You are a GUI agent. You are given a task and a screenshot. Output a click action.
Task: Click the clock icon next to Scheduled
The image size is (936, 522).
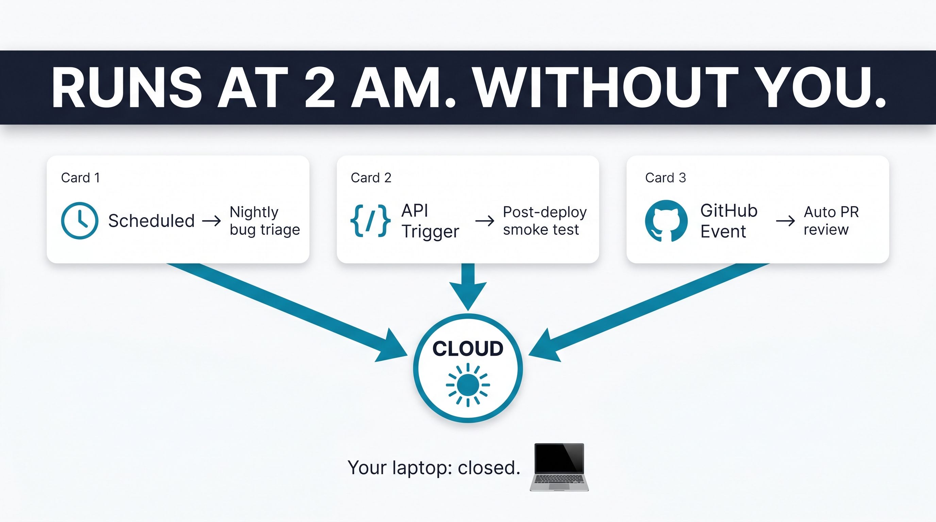[79, 220]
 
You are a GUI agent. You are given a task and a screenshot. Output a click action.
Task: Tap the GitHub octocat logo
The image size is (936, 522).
[666, 221]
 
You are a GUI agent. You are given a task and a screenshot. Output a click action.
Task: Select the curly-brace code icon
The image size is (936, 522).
[370, 221]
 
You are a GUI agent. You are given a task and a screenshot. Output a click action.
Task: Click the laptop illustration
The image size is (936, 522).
[559, 467]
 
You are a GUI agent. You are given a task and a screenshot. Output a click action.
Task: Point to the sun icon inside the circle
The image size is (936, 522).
[468, 385]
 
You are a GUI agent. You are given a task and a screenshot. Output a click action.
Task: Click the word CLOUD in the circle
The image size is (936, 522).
[468, 348]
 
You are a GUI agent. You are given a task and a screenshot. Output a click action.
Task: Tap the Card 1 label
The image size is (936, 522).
[80, 177]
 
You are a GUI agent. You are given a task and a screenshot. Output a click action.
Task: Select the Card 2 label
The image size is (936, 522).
[371, 177]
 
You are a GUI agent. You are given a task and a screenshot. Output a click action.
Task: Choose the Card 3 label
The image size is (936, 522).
[665, 177]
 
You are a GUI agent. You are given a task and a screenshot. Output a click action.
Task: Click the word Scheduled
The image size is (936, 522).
[151, 221]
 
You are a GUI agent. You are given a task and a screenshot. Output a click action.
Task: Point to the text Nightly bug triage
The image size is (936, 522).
[265, 221]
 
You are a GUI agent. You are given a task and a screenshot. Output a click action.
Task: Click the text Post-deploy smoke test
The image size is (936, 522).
[545, 221]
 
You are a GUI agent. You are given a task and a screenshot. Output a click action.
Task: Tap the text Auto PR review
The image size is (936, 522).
[831, 221]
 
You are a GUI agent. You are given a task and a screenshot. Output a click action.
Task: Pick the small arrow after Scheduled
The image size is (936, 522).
[212, 221]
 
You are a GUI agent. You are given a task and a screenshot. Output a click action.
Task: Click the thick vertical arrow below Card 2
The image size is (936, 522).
[468, 287]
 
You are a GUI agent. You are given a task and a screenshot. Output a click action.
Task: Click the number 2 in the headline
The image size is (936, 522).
[319, 88]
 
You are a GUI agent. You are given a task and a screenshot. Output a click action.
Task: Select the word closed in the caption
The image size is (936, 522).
[489, 468]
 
